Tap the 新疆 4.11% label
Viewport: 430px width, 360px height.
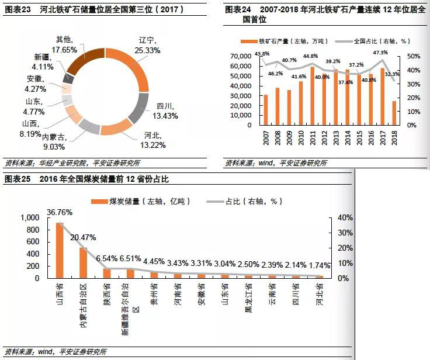point(44,61)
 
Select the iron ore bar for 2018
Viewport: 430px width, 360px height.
point(394,113)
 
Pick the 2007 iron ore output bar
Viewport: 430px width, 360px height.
point(266,110)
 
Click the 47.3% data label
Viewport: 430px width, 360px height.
point(379,52)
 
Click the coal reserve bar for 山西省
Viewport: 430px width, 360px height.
point(60,250)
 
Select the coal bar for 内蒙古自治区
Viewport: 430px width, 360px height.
point(84,262)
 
